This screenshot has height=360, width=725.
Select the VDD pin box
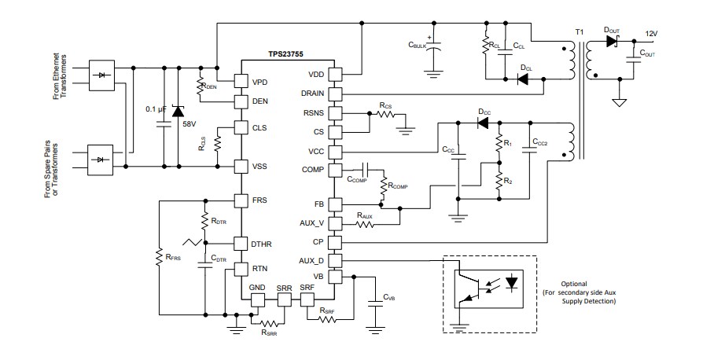point(333,75)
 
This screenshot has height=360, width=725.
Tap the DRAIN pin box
point(333,94)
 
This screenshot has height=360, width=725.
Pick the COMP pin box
point(333,169)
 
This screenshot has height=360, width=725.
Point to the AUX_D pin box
point(333,259)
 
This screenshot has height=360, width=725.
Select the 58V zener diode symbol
point(178,108)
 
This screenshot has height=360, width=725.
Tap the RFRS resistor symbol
point(160,257)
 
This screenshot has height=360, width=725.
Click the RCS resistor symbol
point(385,114)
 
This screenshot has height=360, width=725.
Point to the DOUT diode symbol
point(612,41)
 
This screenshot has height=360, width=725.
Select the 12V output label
point(650,34)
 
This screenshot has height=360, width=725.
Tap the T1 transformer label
point(580,31)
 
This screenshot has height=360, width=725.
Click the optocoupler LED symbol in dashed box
point(513,281)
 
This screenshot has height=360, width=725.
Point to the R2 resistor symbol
point(497,181)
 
